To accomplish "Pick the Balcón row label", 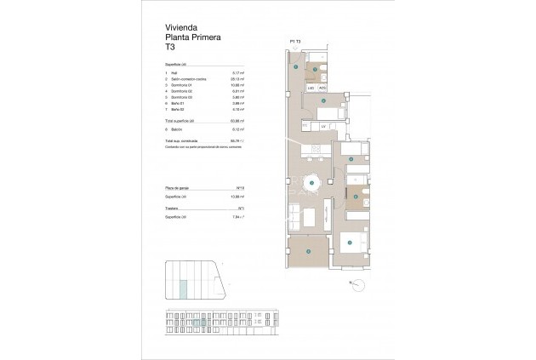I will coord(178,129).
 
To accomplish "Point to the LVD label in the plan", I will coord(311,88).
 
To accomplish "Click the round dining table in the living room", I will coord(311,183).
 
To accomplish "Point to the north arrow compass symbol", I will coord(350,283).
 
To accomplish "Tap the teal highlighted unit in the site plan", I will coord(185,289).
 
